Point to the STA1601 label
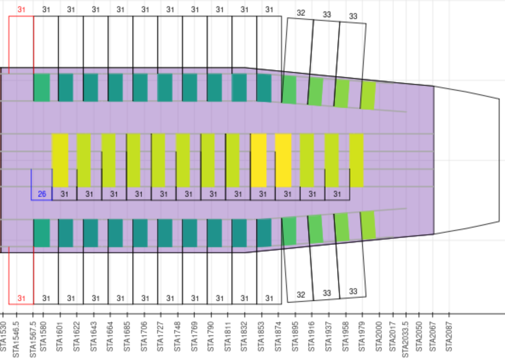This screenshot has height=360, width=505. [60, 334]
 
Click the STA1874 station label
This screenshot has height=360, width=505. [279, 334]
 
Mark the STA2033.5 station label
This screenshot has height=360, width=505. [406, 337]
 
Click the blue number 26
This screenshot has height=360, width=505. [42, 194]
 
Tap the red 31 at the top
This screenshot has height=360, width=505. [22, 9]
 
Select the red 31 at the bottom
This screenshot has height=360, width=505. [22, 298]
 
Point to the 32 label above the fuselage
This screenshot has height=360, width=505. [301, 13]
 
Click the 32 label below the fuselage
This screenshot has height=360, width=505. [301, 294]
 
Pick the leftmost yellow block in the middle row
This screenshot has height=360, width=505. [60, 160]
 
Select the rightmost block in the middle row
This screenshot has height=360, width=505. [356, 160]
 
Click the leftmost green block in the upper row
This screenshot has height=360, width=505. [42, 87]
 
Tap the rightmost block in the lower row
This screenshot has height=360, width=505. [368, 225]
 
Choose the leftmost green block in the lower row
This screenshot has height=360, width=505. [42, 232]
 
